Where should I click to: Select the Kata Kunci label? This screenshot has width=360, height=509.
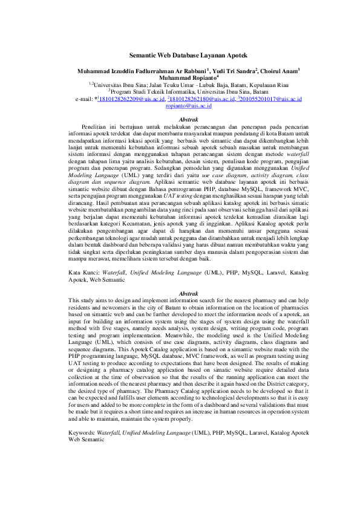click(86, 273)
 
